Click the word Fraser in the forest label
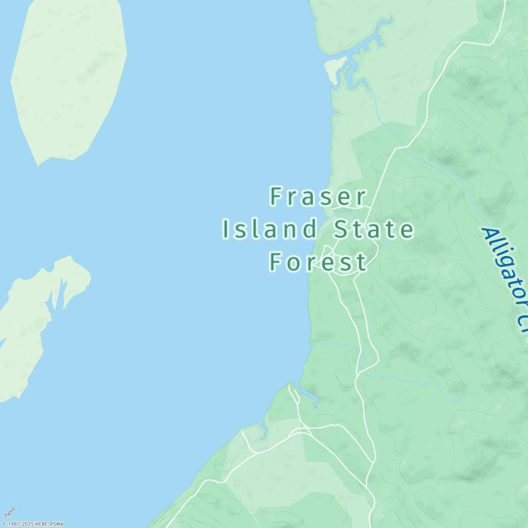(x=318, y=197)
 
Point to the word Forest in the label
(x=318, y=262)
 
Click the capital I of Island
(x=226, y=230)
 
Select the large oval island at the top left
(x=69, y=76)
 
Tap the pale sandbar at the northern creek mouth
(x=334, y=69)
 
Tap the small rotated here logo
(x=9, y=513)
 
